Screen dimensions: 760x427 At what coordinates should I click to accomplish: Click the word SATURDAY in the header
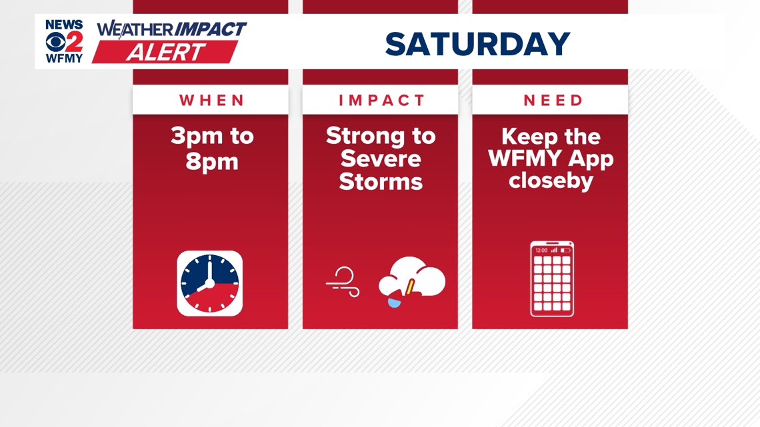(477, 43)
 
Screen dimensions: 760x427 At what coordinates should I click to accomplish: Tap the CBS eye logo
(56, 42)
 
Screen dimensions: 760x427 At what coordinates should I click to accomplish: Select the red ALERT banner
(165, 52)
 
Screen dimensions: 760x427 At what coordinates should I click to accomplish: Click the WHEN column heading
(212, 100)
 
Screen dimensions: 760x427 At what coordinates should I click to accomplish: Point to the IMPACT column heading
(381, 100)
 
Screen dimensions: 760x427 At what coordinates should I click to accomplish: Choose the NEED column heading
(553, 100)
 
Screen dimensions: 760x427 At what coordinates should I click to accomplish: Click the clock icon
(210, 283)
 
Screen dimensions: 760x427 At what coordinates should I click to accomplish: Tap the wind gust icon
(343, 282)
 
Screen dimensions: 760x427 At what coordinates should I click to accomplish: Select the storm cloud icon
(411, 282)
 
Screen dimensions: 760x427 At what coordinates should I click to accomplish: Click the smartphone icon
(552, 279)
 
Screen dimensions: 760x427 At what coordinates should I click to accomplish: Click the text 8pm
(212, 162)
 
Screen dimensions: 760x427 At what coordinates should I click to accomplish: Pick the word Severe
(381, 159)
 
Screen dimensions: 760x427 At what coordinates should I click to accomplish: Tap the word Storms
(381, 182)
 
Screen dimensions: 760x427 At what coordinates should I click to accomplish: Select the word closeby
(551, 181)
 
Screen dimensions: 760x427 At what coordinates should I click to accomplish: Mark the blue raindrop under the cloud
(395, 302)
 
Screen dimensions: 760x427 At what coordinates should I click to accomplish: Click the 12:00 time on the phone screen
(541, 250)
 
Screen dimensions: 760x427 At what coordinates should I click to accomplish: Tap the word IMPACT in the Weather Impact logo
(210, 29)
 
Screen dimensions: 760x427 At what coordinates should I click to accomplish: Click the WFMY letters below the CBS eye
(64, 59)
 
